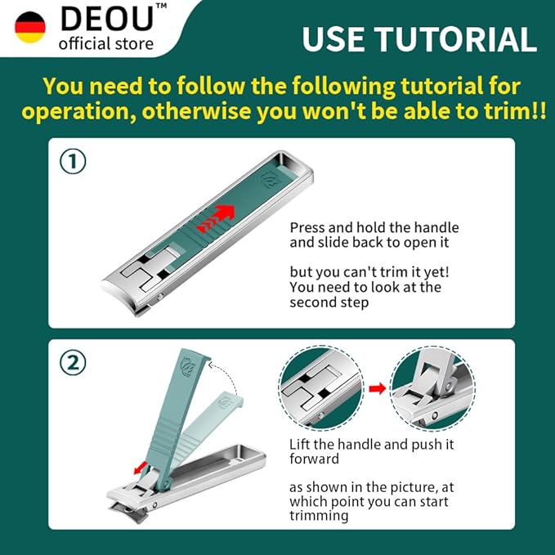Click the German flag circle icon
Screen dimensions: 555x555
click(x=30, y=27)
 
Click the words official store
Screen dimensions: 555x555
click(x=105, y=43)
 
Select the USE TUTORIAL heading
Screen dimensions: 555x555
click(x=418, y=38)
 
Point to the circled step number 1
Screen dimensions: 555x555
click(x=74, y=162)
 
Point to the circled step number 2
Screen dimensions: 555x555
click(x=74, y=364)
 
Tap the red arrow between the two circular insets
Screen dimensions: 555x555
click(x=377, y=388)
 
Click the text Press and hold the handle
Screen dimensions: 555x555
click(x=374, y=227)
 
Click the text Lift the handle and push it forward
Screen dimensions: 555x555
click(x=372, y=451)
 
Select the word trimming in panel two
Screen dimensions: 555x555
click(x=318, y=516)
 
